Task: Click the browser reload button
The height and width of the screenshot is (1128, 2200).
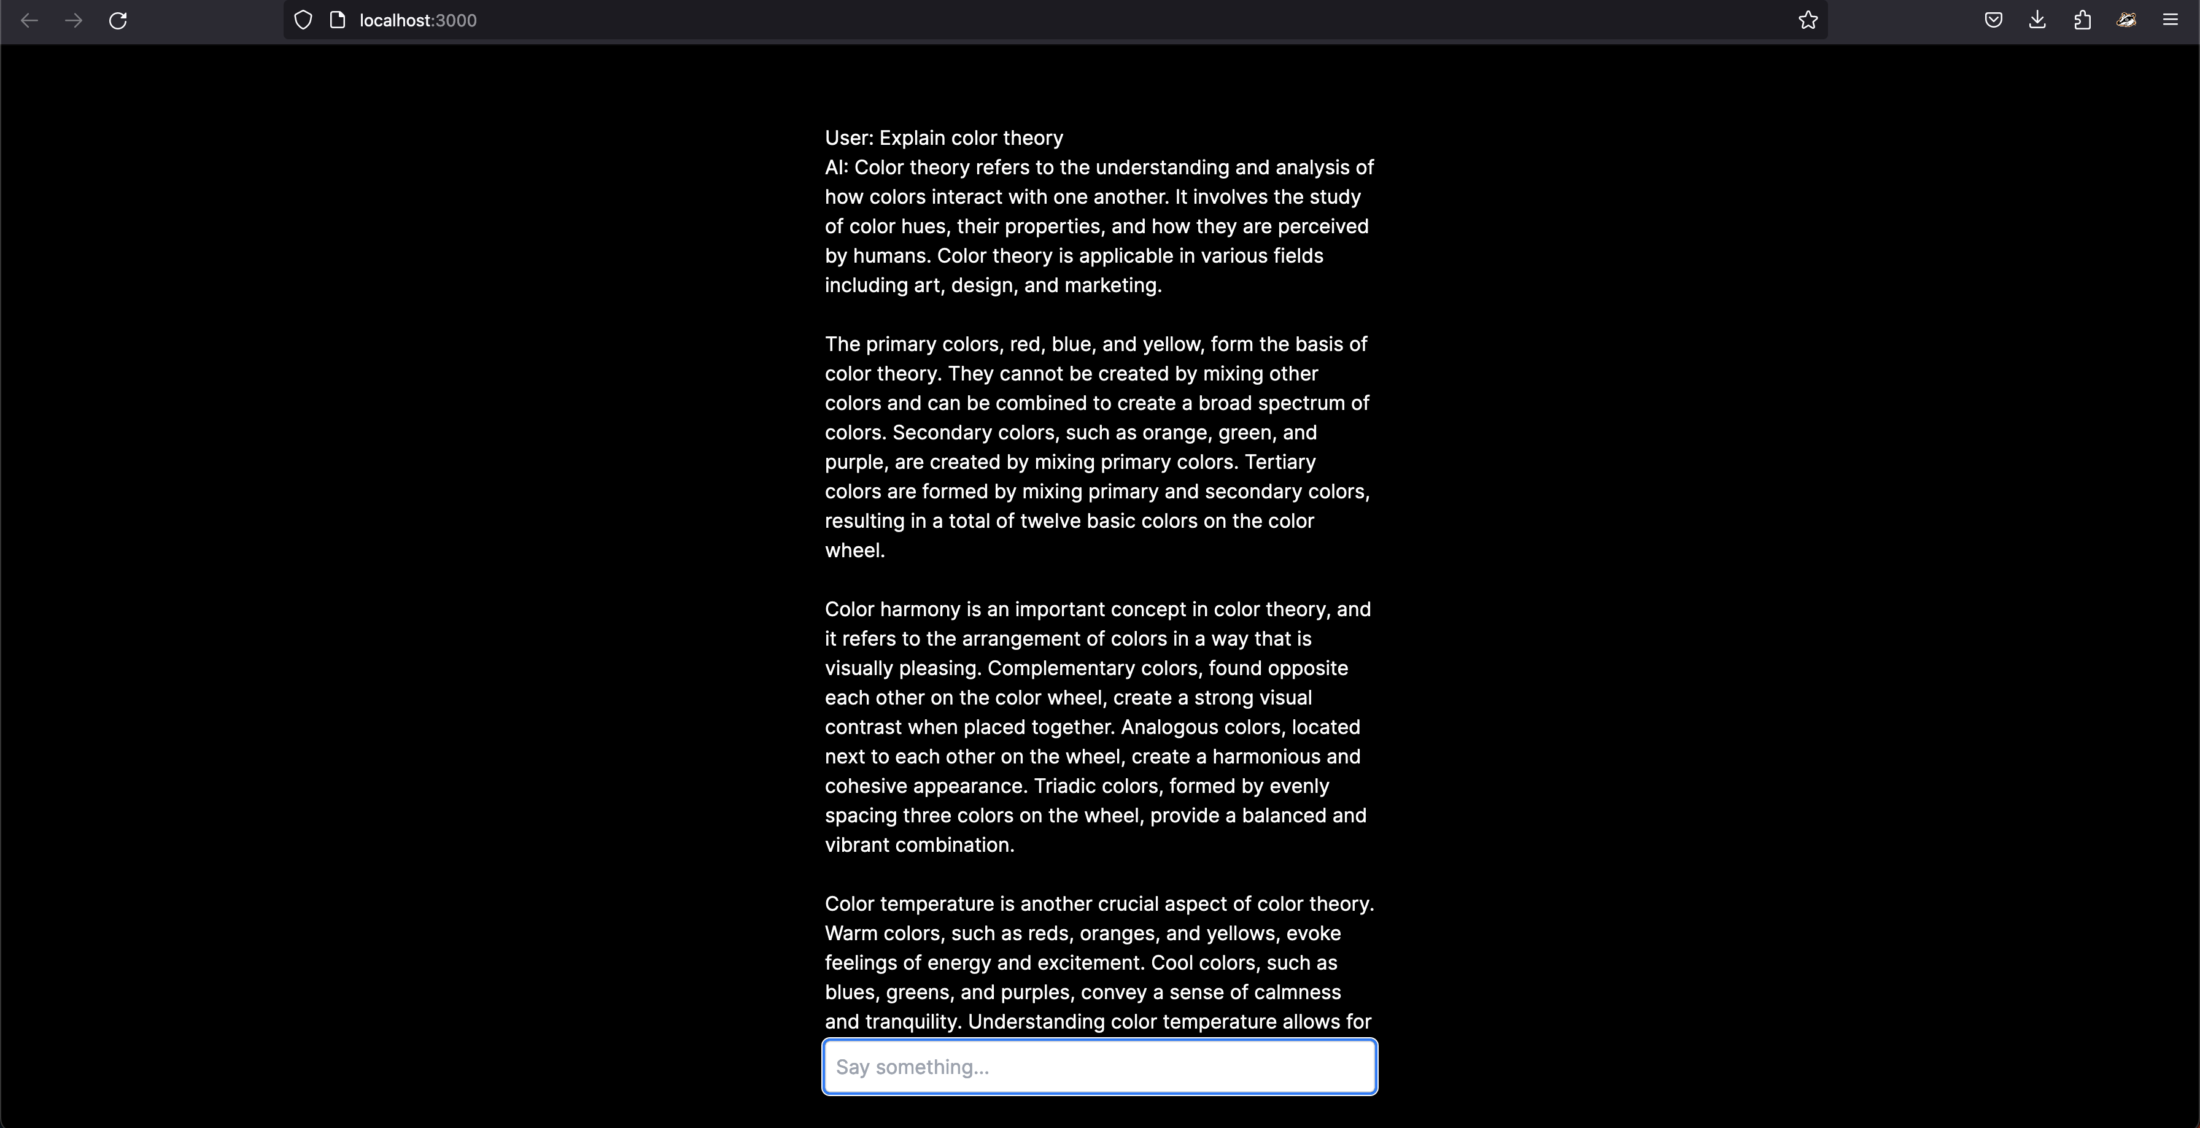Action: coord(118,20)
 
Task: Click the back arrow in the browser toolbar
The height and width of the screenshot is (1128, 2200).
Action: coord(29,20)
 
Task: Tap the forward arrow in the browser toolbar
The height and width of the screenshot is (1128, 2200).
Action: coord(74,20)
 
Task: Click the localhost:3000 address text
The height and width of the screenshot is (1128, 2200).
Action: coord(417,20)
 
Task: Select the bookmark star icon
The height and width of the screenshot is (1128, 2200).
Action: coord(1807,20)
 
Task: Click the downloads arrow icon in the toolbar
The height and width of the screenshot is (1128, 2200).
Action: coord(2037,20)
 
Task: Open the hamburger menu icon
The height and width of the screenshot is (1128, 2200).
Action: coord(2170,20)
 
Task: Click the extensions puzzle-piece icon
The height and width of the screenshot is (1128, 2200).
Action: coord(2082,20)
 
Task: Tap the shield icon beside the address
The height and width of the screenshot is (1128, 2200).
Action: coord(303,20)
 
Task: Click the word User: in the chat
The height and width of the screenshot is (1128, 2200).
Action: coord(849,138)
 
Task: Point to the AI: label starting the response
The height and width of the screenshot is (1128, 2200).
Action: coord(836,168)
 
